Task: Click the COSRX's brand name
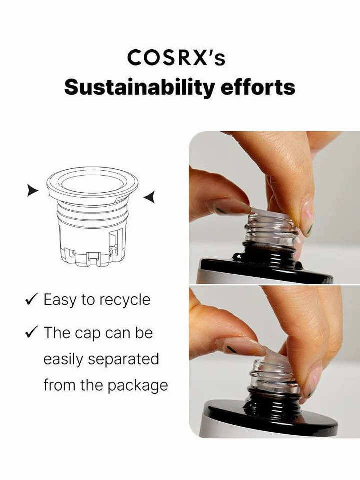[x=176, y=58]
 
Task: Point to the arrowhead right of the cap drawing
[x=149, y=197]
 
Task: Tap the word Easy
[x=59, y=300]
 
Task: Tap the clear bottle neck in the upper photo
[x=270, y=229]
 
